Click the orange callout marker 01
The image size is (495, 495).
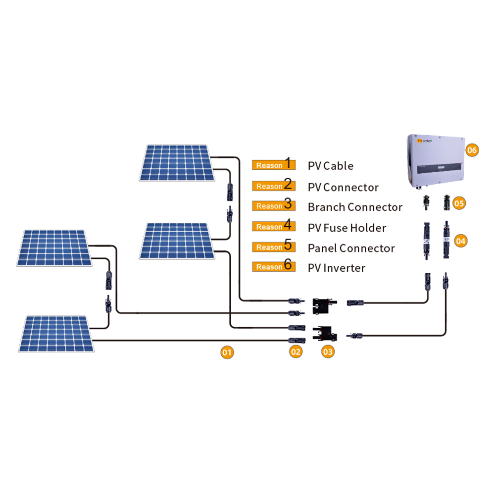(227, 352)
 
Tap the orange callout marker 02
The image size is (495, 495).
(296, 351)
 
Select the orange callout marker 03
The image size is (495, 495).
(328, 351)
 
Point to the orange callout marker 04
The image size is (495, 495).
(460, 241)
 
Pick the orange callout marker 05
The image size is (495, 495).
(459, 203)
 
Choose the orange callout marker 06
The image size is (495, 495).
(472, 150)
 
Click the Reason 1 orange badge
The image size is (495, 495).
(274, 164)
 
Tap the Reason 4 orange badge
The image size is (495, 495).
(274, 225)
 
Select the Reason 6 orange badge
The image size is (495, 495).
(274, 265)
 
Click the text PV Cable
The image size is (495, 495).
(331, 166)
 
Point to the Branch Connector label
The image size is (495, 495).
(355, 207)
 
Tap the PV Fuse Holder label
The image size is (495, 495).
(347, 228)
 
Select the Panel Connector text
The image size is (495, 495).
(351, 248)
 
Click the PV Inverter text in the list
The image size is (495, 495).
(337, 268)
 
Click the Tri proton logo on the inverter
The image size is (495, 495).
(424, 141)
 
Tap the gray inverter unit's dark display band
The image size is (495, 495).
(440, 168)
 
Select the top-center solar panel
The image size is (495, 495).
(177, 162)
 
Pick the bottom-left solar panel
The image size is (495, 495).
(56, 334)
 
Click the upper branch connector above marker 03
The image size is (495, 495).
(324, 306)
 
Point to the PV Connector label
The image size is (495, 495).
(343, 188)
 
